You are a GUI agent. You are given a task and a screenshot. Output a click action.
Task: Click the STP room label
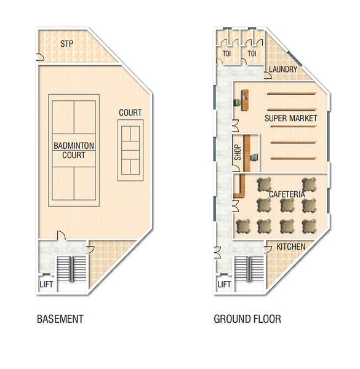point(66,44)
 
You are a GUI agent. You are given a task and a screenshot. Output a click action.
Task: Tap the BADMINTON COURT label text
point(74,151)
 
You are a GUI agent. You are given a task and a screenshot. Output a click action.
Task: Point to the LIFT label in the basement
point(46,285)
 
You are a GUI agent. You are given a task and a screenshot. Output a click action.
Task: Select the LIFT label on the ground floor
point(224,285)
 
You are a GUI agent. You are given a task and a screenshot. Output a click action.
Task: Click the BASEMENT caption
point(60,319)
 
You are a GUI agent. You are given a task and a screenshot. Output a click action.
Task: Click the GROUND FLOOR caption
point(247,319)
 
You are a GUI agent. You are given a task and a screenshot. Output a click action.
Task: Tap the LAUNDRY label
point(283,69)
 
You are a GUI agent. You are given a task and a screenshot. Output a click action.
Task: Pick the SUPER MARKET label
point(291,118)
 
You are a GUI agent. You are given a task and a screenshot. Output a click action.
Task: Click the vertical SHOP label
point(238,153)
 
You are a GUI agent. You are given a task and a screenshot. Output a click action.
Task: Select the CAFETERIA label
point(287,194)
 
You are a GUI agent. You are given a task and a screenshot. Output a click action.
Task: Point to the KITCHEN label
point(291,247)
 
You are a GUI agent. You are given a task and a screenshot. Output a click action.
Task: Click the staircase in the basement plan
point(71,269)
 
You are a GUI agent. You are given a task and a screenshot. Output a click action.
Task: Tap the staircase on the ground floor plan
point(249,269)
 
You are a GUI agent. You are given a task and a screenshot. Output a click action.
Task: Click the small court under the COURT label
point(130,151)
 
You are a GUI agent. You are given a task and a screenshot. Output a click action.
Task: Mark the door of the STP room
point(40,57)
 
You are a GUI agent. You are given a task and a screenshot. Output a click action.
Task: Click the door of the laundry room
point(268,75)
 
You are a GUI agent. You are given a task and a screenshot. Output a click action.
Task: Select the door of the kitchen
point(268,250)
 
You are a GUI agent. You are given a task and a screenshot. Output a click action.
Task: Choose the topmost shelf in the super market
point(291,94)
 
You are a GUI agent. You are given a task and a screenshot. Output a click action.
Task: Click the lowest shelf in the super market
point(293,159)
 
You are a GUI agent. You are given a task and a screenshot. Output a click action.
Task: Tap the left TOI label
point(226,54)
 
